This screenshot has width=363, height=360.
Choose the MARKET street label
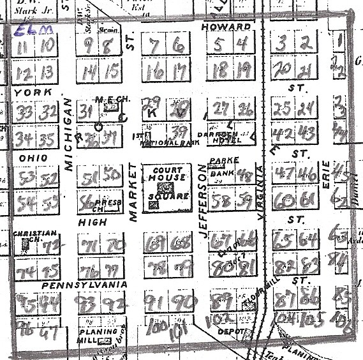[133, 192]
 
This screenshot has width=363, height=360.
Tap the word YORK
[24, 93]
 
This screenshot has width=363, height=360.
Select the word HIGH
[91, 222]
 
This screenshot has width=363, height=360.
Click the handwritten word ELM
[26, 29]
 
